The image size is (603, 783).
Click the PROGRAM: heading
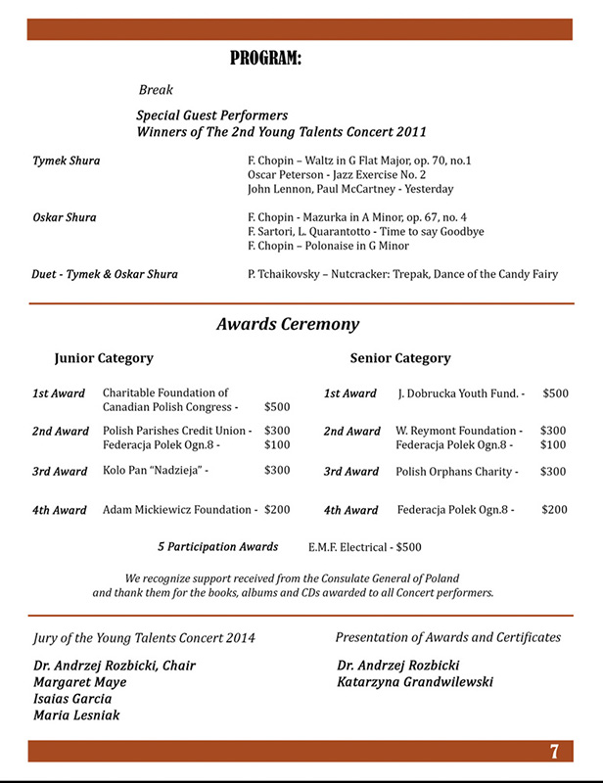[x=265, y=60]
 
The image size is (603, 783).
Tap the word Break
[x=156, y=90]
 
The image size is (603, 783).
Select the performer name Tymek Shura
[x=67, y=161]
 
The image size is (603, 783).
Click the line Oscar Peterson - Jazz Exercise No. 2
[x=337, y=174]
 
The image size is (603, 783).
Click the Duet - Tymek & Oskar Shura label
[x=106, y=275]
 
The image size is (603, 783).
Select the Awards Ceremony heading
[x=288, y=325]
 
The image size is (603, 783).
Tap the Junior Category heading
[x=104, y=359]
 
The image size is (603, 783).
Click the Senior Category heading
[x=400, y=359]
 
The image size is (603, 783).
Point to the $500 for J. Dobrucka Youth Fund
[x=555, y=393]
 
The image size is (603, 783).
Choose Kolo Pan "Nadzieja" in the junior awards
[x=156, y=471]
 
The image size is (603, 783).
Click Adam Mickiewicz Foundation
[x=180, y=510]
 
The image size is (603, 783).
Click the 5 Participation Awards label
[x=217, y=547]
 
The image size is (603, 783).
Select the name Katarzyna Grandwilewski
[x=415, y=682]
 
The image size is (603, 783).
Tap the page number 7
[x=554, y=752]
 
